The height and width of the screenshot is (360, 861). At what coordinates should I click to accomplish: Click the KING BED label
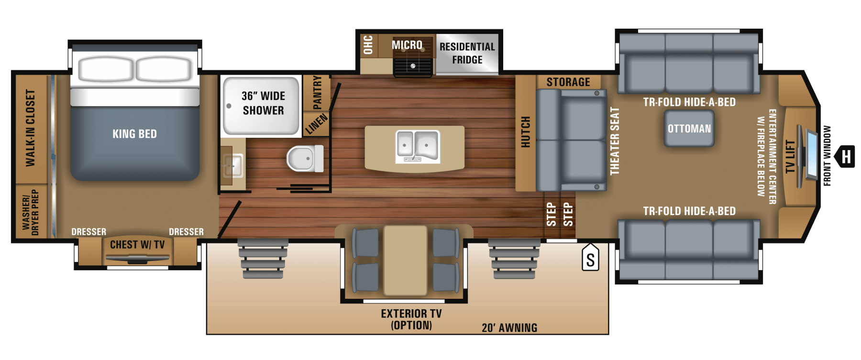click(x=134, y=134)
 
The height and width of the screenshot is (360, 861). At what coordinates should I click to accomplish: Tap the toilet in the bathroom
click(x=305, y=158)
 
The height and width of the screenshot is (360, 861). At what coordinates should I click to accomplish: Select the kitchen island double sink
click(x=418, y=146)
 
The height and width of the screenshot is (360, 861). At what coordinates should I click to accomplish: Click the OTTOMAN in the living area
click(x=689, y=129)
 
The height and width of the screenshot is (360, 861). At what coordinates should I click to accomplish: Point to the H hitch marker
click(x=845, y=156)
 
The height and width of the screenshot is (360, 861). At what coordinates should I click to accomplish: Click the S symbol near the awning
click(x=591, y=259)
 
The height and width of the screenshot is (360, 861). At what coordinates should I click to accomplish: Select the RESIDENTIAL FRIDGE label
click(x=467, y=53)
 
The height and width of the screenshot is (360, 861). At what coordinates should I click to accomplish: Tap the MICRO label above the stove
click(x=407, y=45)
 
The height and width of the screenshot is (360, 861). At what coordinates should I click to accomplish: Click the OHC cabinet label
click(x=368, y=44)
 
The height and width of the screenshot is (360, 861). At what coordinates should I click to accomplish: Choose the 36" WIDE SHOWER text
click(x=263, y=103)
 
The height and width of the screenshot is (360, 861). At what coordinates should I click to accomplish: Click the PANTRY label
click(x=317, y=92)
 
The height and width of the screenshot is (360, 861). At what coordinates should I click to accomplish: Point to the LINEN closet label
click(x=316, y=124)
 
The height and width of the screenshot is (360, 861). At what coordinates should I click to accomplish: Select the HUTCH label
click(x=525, y=132)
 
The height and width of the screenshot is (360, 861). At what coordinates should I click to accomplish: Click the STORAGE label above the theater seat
click(x=568, y=82)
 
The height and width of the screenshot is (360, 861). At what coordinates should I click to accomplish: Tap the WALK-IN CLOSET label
click(x=31, y=128)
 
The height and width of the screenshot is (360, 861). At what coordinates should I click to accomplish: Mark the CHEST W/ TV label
click(x=137, y=245)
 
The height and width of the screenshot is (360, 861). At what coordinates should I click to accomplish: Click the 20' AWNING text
click(x=509, y=328)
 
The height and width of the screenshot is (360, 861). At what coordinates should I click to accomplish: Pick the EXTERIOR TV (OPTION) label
click(x=411, y=319)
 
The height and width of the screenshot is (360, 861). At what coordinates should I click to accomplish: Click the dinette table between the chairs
click(x=405, y=260)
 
